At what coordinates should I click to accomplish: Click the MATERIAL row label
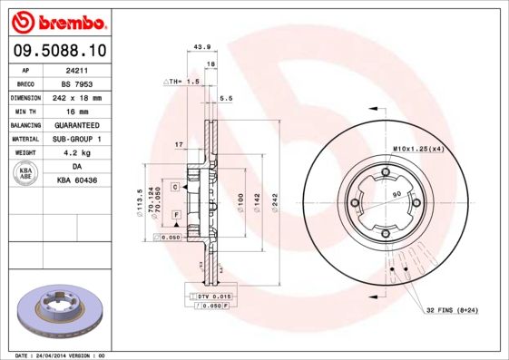25,139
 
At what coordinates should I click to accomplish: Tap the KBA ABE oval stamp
26,175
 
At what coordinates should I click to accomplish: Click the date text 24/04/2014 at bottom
70,355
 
